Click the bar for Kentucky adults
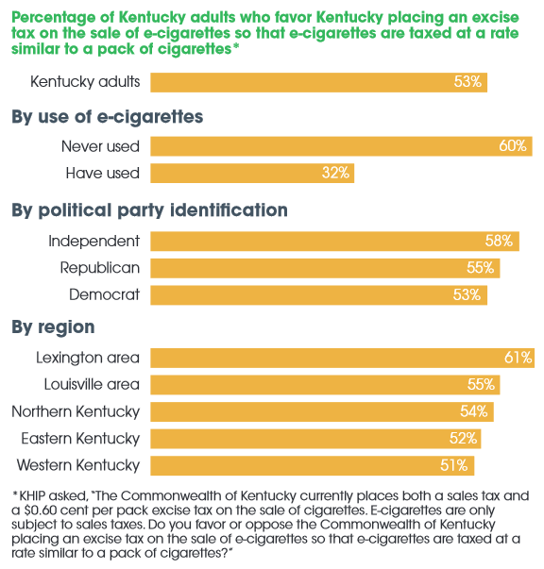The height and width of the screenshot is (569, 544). click(318, 82)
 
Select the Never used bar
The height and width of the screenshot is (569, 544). click(341, 146)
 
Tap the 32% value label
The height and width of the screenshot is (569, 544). click(335, 173)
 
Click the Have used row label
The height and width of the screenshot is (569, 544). click(102, 173)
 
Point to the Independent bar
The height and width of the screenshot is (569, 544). click(334, 242)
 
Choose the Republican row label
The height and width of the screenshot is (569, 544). click(99, 268)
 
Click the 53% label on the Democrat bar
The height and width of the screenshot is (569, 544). click(467, 294)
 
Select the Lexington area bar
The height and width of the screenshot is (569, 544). click(342, 358)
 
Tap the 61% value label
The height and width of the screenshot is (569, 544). click(518, 358)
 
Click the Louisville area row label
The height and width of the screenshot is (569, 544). click(92, 384)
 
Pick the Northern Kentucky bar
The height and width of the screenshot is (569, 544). click(321, 411)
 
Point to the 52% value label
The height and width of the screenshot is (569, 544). click(464, 438)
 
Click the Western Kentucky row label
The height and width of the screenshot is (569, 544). click(78, 465)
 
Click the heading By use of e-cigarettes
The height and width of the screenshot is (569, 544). click(107, 117)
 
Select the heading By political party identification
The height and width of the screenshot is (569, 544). click(149, 209)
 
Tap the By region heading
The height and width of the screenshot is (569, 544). click(53, 327)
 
